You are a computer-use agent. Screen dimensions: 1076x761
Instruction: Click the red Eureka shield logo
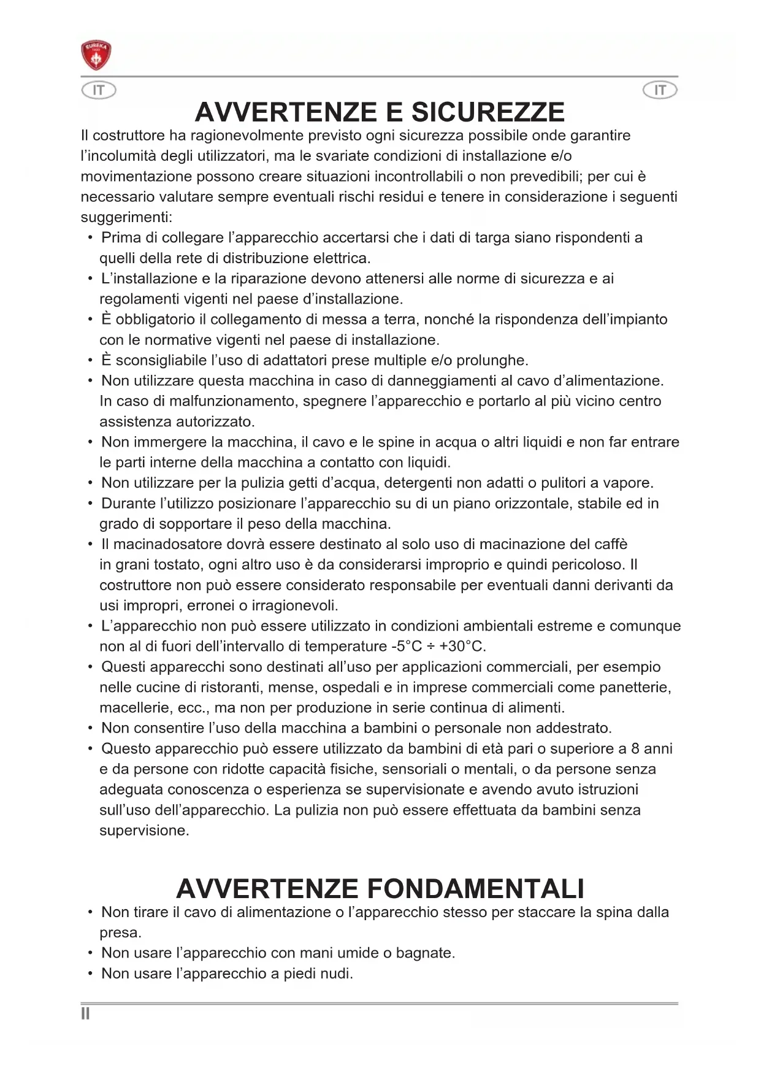(x=96, y=56)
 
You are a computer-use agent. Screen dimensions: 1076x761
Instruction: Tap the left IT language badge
(x=99, y=91)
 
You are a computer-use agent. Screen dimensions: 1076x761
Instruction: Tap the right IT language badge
(x=660, y=91)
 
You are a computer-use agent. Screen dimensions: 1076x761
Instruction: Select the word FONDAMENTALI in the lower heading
(x=476, y=889)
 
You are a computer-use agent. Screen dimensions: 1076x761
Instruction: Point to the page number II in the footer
(x=85, y=1014)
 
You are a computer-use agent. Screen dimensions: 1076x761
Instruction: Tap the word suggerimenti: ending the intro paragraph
(x=126, y=218)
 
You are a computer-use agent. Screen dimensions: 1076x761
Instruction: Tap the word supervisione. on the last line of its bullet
(x=144, y=831)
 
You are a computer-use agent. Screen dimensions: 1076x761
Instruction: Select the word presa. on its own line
(x=120, y=933)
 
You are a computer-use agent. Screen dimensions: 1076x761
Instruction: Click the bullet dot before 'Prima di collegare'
(x=91, y=238)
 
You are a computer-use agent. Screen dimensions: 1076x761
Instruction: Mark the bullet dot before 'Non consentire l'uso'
(x=91, y=729)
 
